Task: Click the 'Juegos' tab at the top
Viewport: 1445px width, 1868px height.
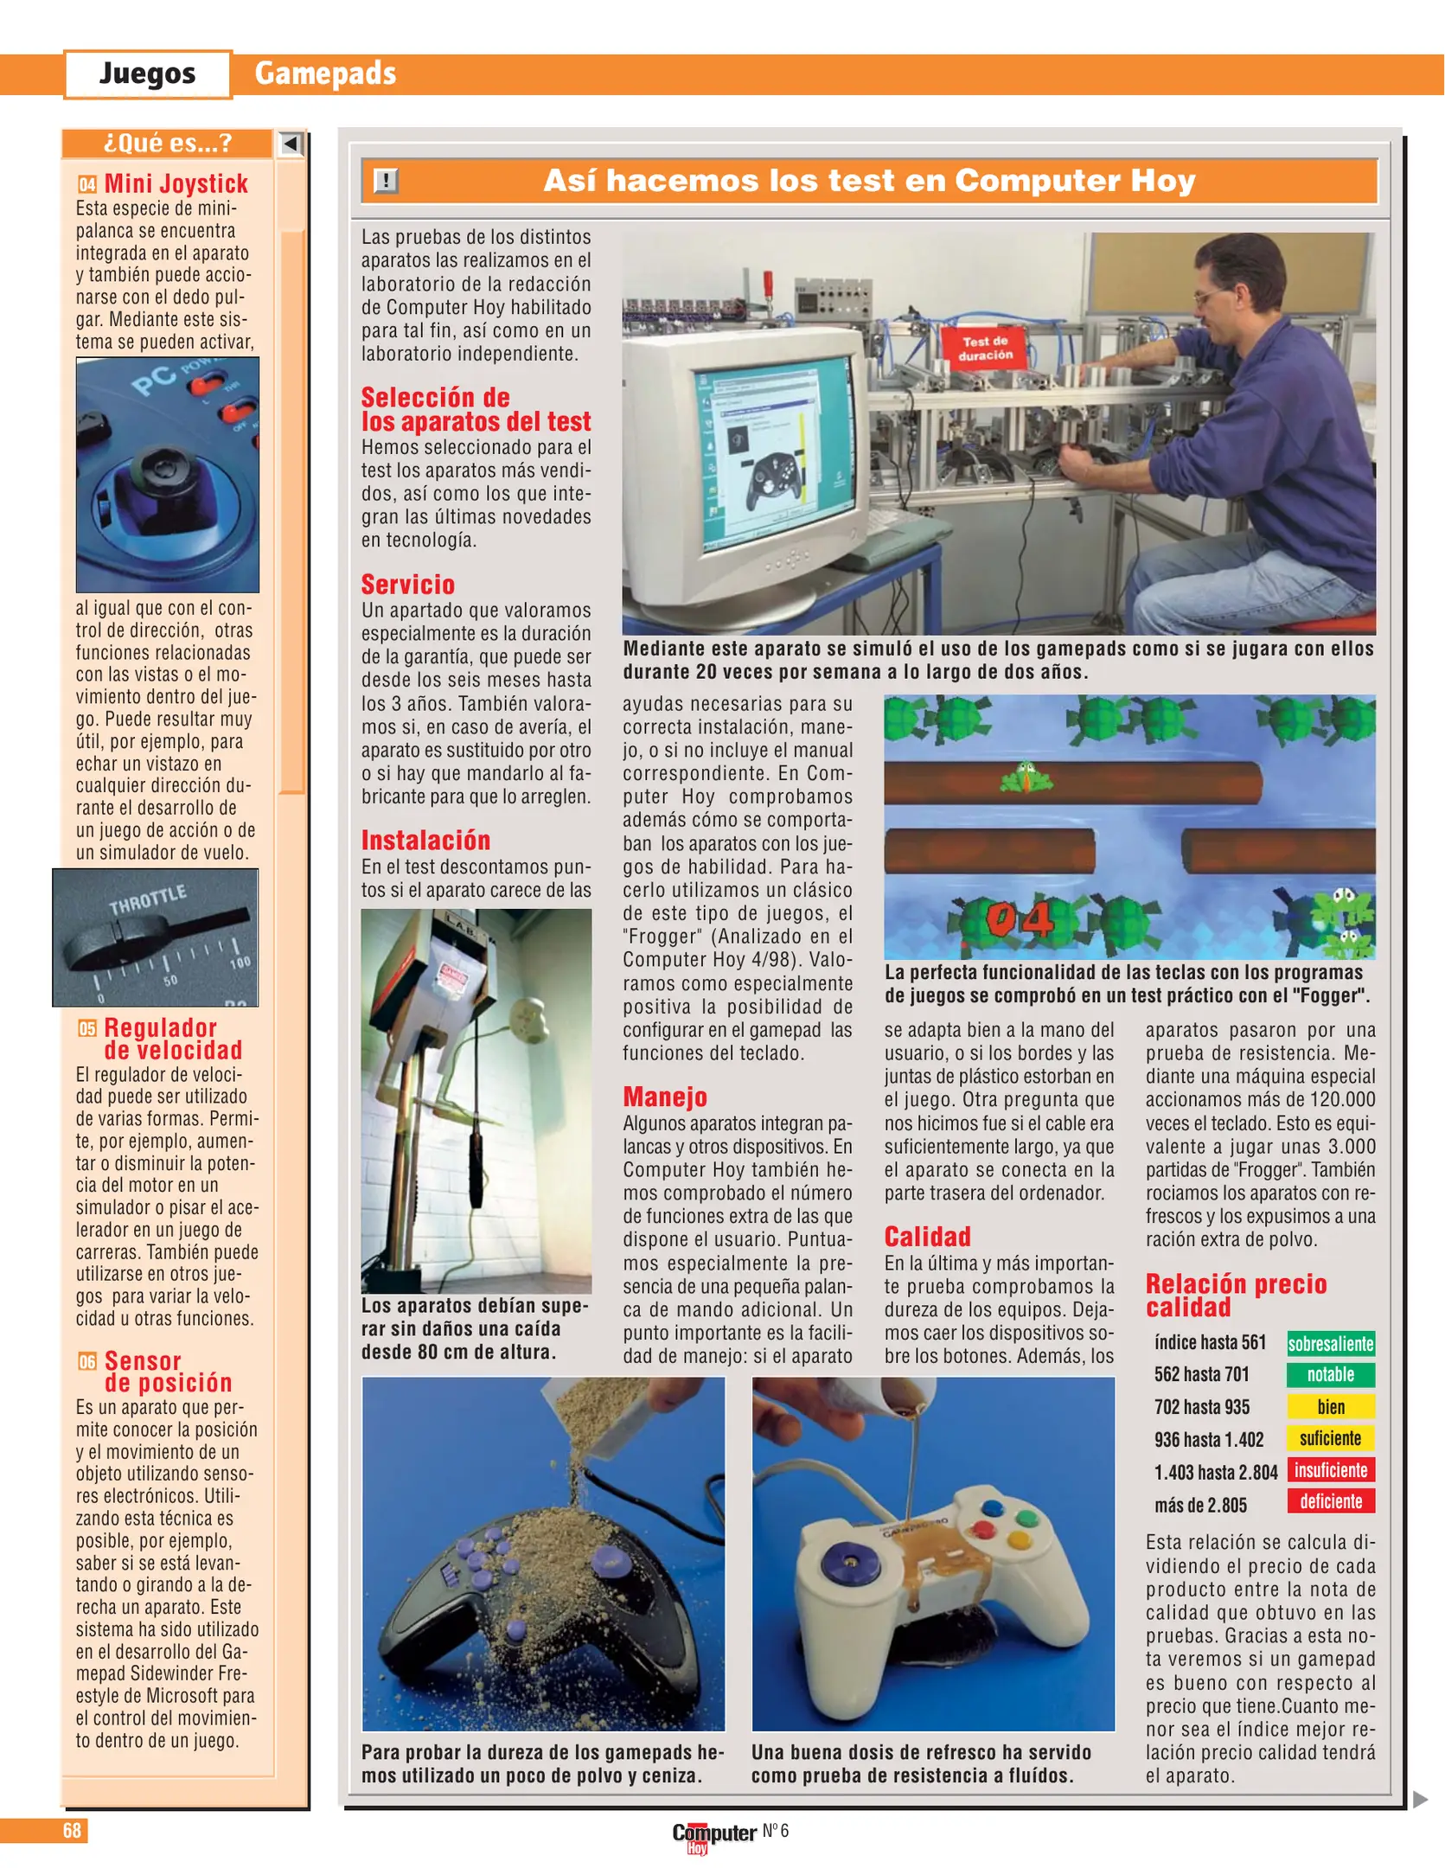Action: point(147,74)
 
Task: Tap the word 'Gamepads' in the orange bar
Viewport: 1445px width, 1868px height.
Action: point(325,74)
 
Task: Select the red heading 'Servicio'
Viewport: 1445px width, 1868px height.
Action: point(407,585)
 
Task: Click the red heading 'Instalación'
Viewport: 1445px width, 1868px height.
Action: point(425,841)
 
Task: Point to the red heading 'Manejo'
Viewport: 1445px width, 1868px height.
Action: point(664,1097)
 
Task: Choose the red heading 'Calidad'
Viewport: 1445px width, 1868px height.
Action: point(927,1237)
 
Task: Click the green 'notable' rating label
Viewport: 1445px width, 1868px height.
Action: point(1330,1375)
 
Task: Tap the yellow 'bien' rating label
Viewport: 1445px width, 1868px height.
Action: point(1330,1407)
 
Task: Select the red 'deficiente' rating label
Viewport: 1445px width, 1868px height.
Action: point(1330,1501)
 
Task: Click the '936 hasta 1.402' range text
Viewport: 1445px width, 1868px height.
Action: point(1208,1440)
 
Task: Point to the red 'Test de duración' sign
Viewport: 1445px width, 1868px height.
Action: point(985,348)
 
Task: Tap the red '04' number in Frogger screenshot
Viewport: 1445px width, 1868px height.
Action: point(1020,919)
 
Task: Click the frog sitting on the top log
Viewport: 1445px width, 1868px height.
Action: point(1026,777)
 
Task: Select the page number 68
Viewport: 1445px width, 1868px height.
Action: point(72,1831)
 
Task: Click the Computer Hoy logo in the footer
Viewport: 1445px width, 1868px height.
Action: point(713,1835)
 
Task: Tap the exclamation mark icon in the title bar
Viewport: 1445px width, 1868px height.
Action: point(385,181)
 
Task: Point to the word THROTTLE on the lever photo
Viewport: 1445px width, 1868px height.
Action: point(147,899)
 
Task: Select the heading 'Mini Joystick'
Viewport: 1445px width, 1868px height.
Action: point(176,183)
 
